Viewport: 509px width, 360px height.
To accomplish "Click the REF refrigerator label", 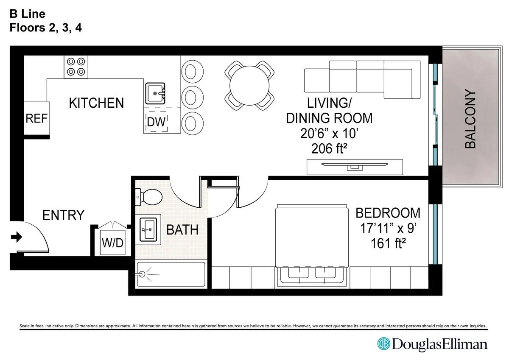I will click(36, 118).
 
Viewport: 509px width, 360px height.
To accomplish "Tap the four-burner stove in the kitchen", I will click(76, 67).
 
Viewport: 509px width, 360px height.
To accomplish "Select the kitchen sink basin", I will click(155, 94).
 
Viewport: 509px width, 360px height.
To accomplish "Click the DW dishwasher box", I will click(156, 121).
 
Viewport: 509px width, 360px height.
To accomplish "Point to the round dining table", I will click(249, 83).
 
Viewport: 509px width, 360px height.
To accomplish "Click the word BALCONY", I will click(470, 119).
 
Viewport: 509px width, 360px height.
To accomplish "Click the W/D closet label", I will click(112, 243).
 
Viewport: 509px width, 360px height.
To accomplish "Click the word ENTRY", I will click(64, 215).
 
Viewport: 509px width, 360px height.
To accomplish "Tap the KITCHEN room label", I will click(96, 103).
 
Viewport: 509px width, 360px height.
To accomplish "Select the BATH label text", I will click(182, 230).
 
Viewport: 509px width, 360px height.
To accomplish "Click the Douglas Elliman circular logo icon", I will click(384, 343).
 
